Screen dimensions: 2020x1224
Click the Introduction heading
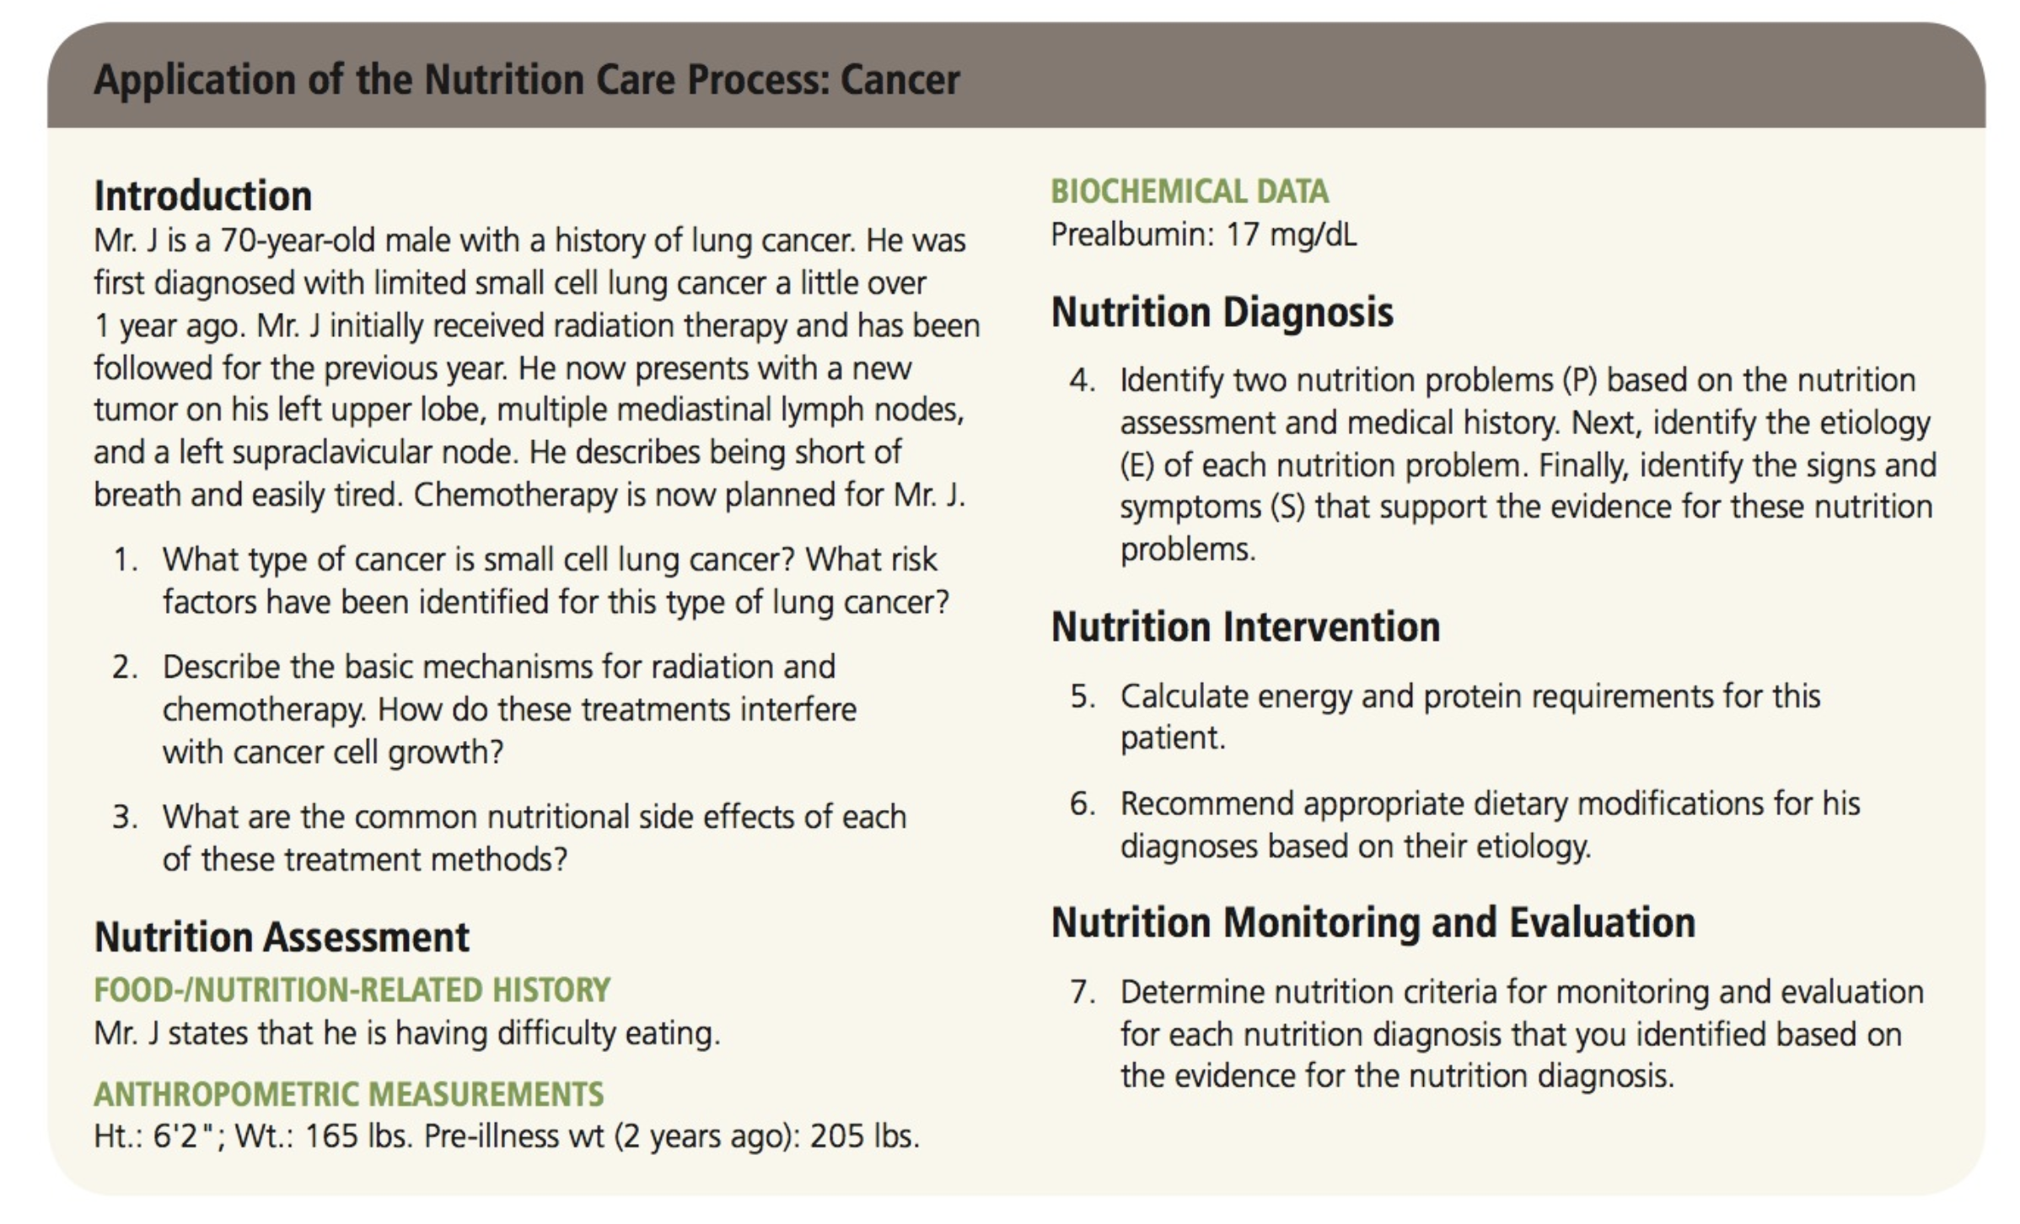coord(203,196)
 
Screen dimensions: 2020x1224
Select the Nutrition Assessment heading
coord(282,937)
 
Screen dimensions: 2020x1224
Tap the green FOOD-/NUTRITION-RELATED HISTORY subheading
coord(352,990)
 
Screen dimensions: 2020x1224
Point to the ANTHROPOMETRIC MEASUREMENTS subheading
coord(349,1094)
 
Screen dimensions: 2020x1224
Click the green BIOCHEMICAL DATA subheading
coord(1190,191)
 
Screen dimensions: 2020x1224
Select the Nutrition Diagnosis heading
coord(1222,313)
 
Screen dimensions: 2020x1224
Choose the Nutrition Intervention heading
coord(1246,627)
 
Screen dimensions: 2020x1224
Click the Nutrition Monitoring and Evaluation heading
coord(1373,923)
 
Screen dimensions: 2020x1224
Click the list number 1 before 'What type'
coord(125,560)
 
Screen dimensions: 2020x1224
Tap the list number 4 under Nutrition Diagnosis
coord(1083,380)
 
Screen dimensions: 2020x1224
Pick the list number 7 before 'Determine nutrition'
coord(1083,992)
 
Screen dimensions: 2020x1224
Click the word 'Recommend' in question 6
coord(1206,804)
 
